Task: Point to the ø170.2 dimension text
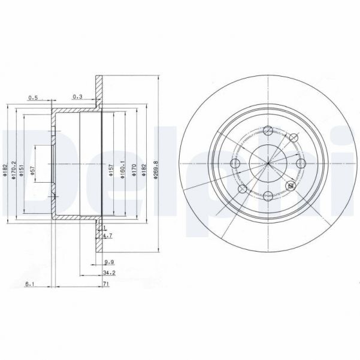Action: click(x=13, y=162)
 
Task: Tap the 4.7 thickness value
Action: click(x=107, y=237)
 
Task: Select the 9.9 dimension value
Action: click(x=109, y=262)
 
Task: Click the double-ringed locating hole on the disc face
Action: click(x=292, y=185)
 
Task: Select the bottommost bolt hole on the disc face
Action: click(x=267, y=194)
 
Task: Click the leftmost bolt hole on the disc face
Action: click(x=235, y=164)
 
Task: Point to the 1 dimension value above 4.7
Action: click(x=105, y=228)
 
